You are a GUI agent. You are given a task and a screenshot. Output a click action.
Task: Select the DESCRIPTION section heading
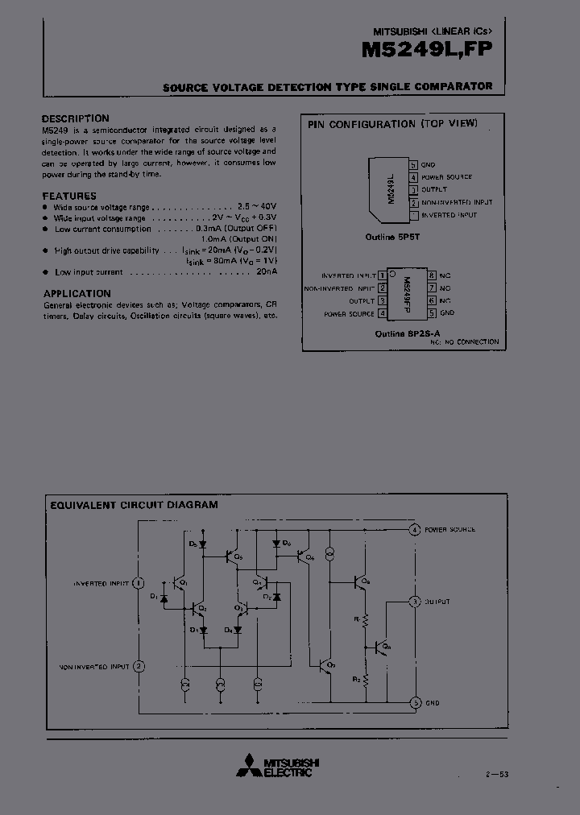[x=75, y=118]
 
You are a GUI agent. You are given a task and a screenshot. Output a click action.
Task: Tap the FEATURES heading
[x=68, y=196]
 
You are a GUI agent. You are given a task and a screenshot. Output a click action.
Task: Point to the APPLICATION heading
[x=77, y=294]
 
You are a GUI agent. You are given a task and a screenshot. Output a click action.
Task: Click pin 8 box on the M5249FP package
[x=433, y=275]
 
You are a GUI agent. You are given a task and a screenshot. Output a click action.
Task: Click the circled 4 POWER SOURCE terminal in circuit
[x=414, y=530]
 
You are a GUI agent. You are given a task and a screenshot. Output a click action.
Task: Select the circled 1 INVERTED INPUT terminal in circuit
[x=139, y=582]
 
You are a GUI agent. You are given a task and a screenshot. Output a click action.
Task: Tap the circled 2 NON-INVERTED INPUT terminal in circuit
[x=139, y=667]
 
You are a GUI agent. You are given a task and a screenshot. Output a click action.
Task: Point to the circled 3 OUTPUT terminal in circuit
[x=415, y=602]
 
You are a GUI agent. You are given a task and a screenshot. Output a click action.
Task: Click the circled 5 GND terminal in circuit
[x=415, y=702]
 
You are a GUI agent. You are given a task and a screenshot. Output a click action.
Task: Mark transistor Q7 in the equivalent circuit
[x=325, y=665]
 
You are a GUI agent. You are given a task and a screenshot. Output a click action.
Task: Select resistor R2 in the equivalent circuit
[x=365, y=678]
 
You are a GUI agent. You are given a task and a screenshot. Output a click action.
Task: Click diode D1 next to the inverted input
[x=164, y=598]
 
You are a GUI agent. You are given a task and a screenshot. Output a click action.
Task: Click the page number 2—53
[x=498, y=774]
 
